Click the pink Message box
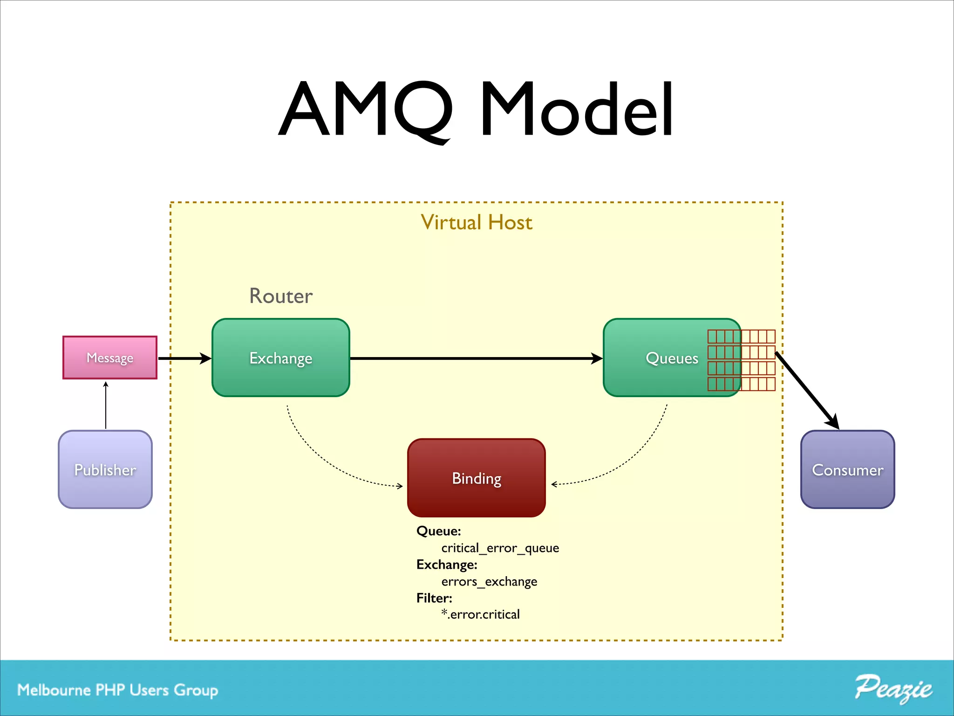[110, 358]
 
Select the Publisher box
[105, 469]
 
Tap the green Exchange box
[281, 358]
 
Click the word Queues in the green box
[672, 358]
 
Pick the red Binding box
[476, 478]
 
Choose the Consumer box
[847, 469]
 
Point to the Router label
[281, 296]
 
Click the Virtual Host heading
[476, 222]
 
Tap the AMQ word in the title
[366, 109]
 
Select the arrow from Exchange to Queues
[475, 358]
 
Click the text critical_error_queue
[500, 548]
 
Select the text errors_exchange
[489, 581]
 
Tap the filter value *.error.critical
[480, 614]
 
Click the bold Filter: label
[434, 598]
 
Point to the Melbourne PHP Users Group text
[117, 690]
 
